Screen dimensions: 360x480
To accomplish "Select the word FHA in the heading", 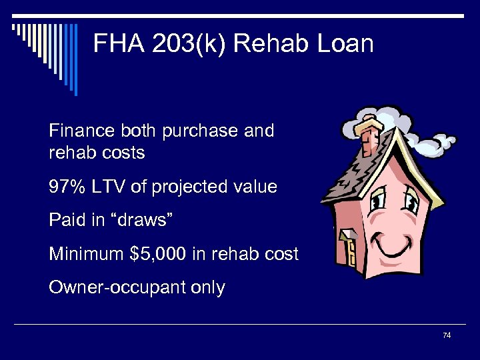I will click(x=115, y=44).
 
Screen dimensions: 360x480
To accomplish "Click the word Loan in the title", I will click(x=349, y=44).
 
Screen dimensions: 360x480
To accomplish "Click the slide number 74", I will click(x=447, y=335).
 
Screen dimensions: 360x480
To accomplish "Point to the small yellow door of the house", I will click(x=350, y=253).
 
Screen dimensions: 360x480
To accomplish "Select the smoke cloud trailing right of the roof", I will click(x=437, y=142).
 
